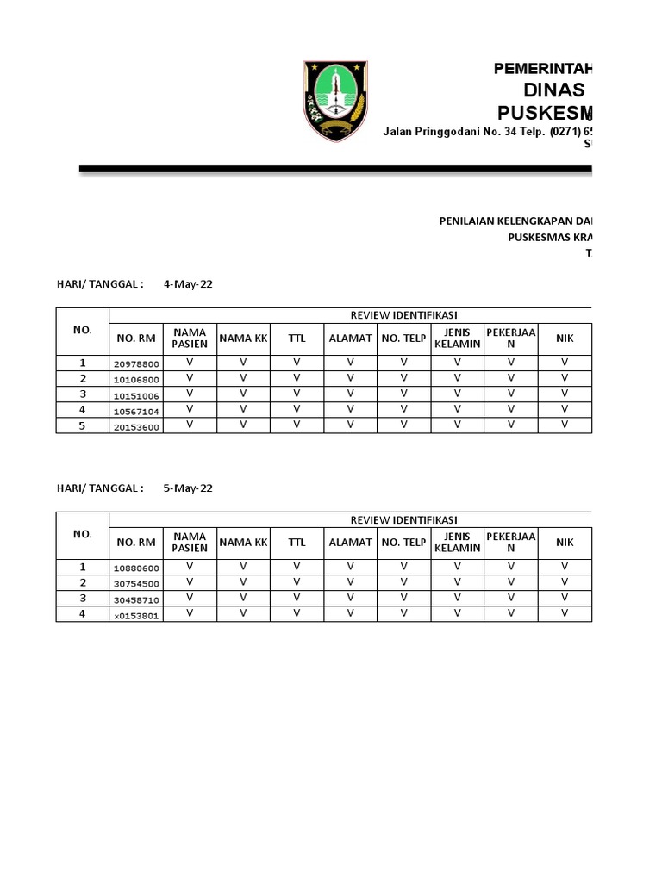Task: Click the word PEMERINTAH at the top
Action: point(542,70)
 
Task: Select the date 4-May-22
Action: point(188,283)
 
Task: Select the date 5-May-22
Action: point(188,488)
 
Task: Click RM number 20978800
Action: point(136,364)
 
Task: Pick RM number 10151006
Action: point(136,395)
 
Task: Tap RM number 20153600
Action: point(136,426)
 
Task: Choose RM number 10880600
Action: point(136,568)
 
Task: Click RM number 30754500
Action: point(136,584)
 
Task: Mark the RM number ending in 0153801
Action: point(136,615)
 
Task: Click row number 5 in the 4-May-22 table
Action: point(83,425)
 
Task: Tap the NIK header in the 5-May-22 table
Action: point(565,543)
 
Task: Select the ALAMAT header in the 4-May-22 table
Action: point(350,339)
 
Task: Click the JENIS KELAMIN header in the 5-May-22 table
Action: point(457,543)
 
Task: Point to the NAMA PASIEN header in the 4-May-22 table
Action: point(190,339)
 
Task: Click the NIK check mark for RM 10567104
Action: point(565,410)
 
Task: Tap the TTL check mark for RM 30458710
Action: point(297,598)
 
